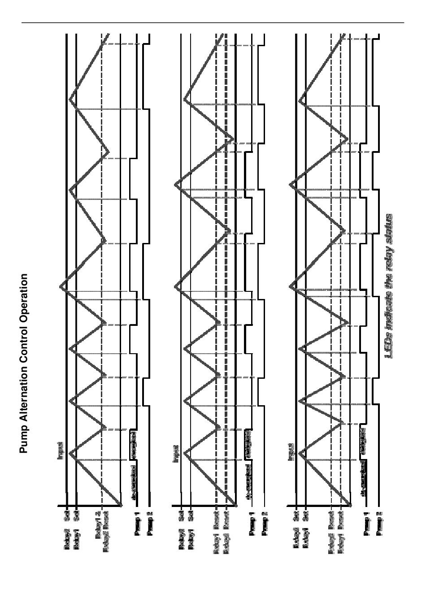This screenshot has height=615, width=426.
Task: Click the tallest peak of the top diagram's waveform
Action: (x=61, y=286)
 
